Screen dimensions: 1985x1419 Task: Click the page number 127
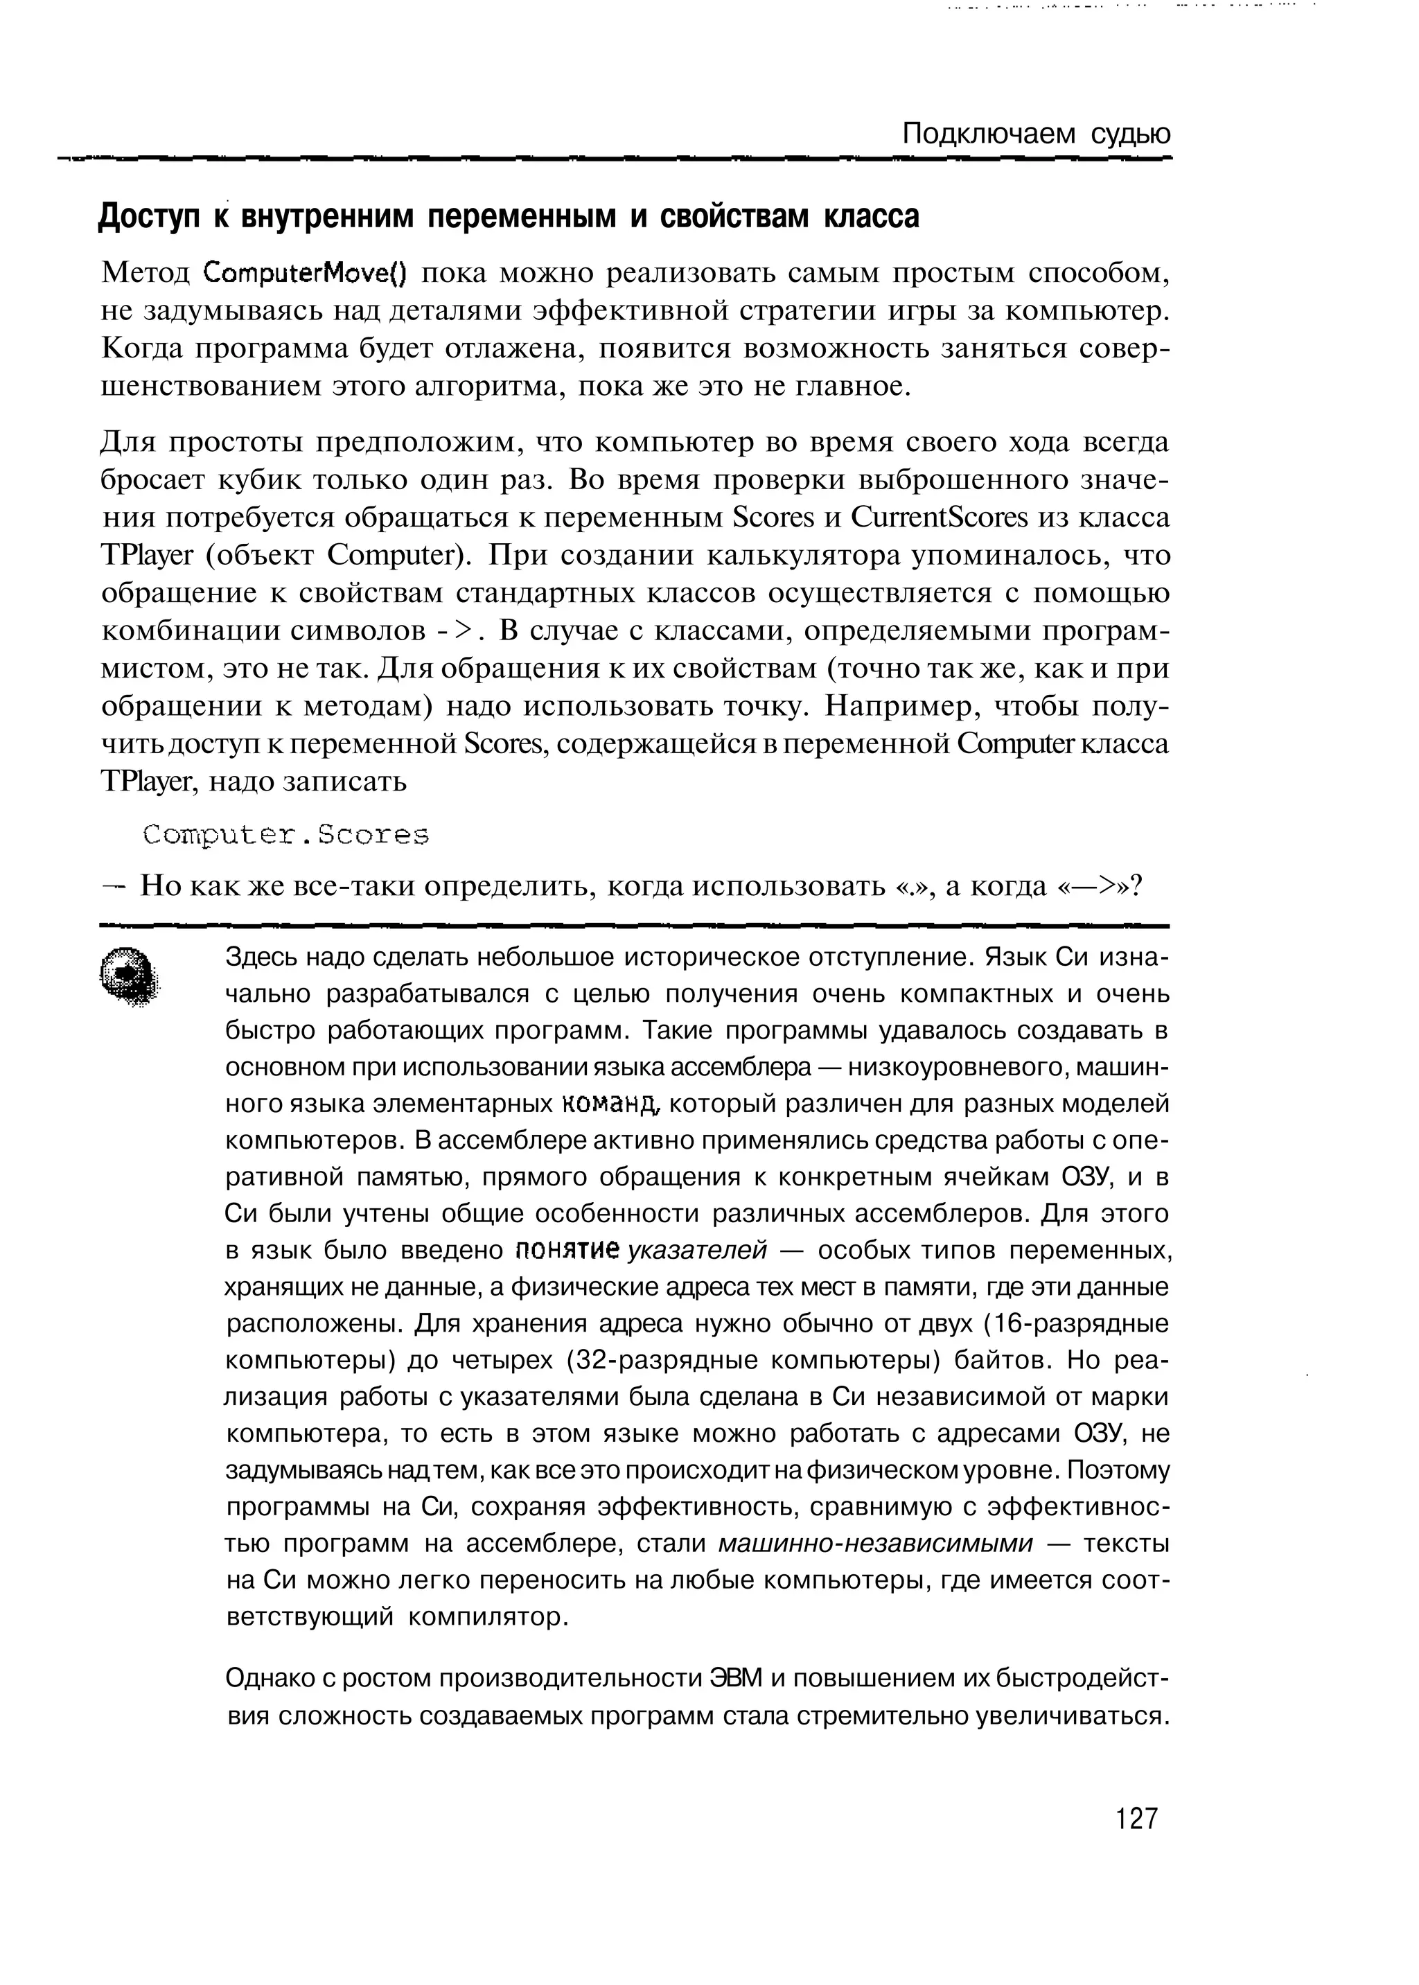click(x=1136, y=1819)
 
